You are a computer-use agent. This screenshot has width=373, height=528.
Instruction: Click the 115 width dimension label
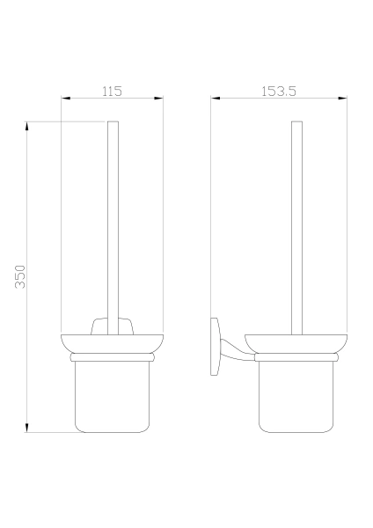pos(112,91)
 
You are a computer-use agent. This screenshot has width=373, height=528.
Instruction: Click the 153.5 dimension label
pos(279,91)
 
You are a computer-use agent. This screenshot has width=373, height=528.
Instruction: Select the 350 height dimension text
pos(20,277)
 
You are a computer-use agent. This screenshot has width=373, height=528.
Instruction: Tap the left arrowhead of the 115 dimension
pos(66,98)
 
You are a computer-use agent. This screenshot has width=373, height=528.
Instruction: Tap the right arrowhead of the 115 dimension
pos(158,98)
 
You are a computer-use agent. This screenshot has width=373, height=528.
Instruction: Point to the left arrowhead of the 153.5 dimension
pos(216,98)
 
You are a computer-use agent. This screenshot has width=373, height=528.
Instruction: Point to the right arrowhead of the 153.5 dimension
pos(342,98)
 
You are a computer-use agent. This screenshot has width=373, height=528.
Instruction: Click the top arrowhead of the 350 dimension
pos(26,126)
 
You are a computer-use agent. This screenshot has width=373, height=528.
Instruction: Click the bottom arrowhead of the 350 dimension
pos(26,428)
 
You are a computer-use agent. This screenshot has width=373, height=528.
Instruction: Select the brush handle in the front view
pos(113,228)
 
